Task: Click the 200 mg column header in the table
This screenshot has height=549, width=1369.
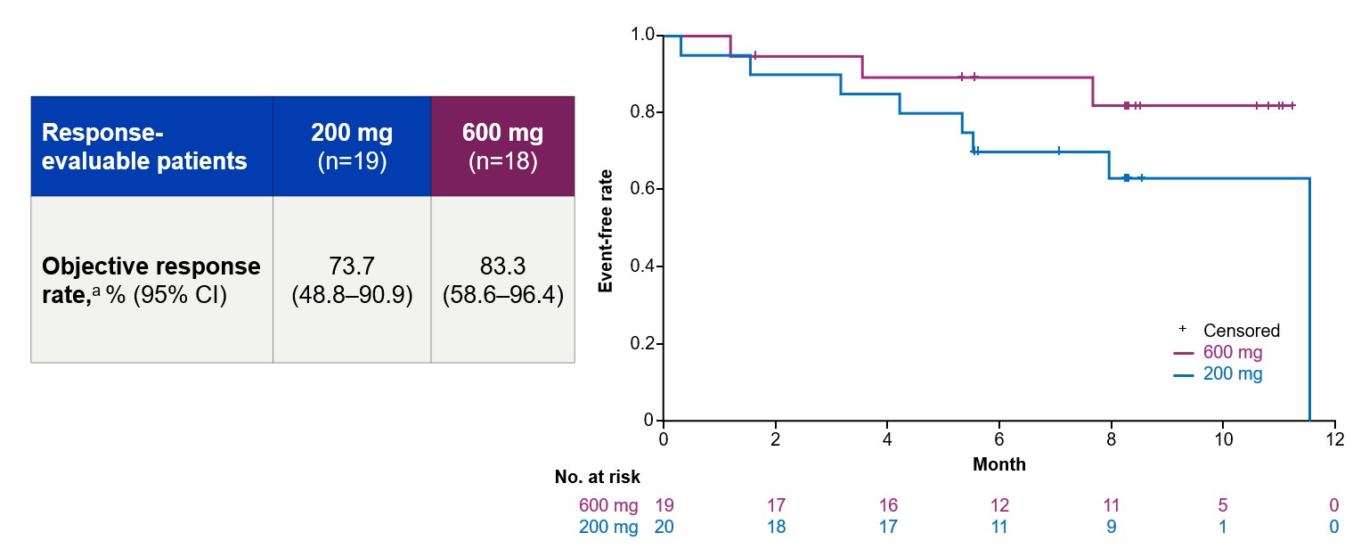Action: point(352,146)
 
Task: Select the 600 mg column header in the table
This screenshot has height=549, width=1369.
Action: point(502,146)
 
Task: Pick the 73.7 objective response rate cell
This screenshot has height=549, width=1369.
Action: point(352,280)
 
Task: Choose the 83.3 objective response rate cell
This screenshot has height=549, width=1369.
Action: point(502,280)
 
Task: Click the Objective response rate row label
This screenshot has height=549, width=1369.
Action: point(151,280)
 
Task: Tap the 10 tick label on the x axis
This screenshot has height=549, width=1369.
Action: point(1222,439)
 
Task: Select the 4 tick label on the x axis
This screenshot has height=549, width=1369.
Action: point(887,439)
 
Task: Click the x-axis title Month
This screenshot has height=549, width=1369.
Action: point(998,464)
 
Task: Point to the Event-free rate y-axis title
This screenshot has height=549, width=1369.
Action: point(606,227)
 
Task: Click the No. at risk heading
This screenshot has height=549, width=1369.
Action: point(597,478)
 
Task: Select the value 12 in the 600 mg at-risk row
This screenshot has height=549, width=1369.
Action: point(998,506)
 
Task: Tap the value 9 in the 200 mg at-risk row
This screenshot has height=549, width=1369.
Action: point(1111,528)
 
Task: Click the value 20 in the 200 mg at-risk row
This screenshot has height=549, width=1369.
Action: point(664,528)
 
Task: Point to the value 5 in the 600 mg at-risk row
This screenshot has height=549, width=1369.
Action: point(1222,506)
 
